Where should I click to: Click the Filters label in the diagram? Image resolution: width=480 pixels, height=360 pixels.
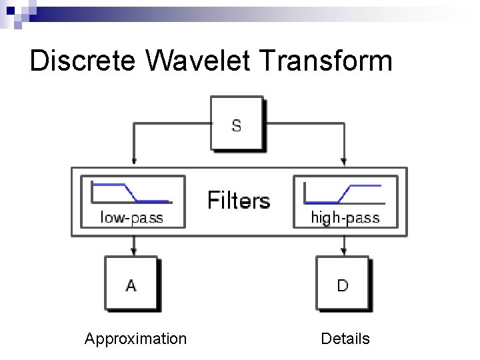(x=239, y=200)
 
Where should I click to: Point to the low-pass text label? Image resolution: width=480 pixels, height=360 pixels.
(x=131, y=217)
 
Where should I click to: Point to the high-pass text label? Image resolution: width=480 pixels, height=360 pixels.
(x=345, y=217)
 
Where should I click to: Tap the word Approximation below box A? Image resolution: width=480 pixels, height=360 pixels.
(x=135, y=339)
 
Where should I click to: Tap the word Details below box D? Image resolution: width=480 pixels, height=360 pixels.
(x=345, y=339)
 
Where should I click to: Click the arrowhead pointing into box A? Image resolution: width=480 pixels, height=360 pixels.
(x=134, y=252)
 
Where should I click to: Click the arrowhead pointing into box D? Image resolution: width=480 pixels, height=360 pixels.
(x=343, y=252)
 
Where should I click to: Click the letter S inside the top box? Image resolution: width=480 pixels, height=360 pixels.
(x=237, y=125)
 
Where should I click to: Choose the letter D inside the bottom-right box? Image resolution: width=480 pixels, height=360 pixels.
(x=343, y=285)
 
